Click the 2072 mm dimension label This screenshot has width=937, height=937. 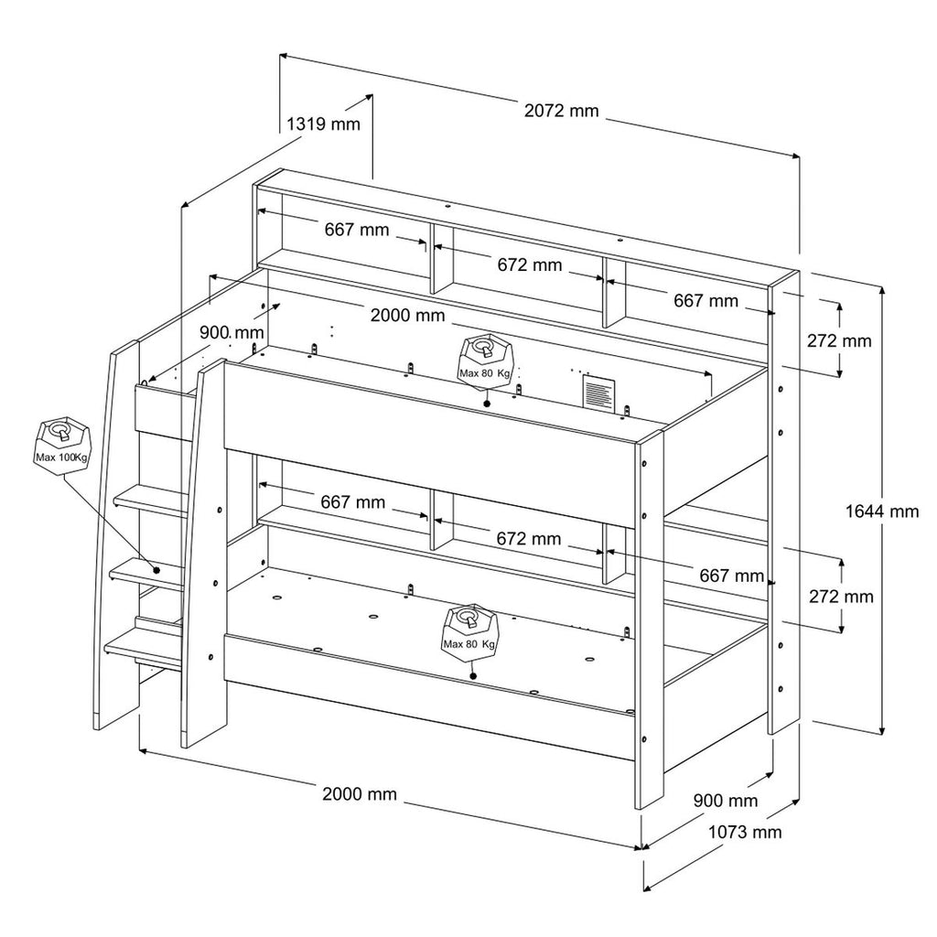[x=561, y=111]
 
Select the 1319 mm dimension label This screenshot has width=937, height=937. [x=323, y=124]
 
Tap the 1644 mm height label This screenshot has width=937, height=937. [x=882, y=512]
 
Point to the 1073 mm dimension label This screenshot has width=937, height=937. [x=745, y=832]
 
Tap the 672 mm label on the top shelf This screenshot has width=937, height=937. [x=530, y=264]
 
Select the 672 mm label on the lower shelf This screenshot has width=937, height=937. [x=529, y=539]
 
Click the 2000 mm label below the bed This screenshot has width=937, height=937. [x=360, y=793]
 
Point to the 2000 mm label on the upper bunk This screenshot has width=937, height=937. [x=407, y=315]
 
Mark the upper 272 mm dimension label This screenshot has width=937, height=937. [x=839, y=340]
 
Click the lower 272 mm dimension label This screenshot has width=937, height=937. [x=841, y=597]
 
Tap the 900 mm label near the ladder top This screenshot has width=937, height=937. [x=232, y=332]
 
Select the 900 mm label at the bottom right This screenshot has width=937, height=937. [x=726, y=800]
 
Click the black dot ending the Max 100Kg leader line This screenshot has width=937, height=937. [x=156, y=570]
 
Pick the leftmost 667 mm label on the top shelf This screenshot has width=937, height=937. [x=357, y=230]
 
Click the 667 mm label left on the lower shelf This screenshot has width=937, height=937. [x=352, y=502]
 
